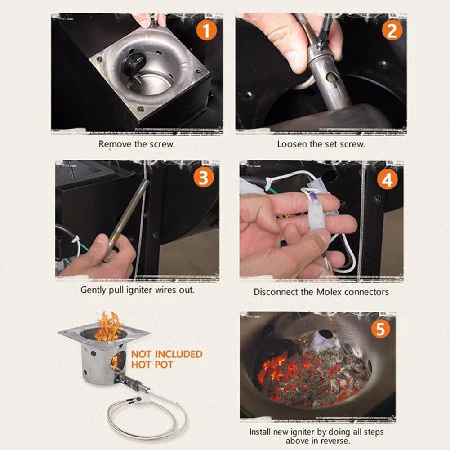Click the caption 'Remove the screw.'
[137, 144]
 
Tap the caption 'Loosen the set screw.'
[321, 144]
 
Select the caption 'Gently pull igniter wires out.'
[137, 290]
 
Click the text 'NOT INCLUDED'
[167, 354]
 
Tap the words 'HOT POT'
[152, 365]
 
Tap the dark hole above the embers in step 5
[325, 334]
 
